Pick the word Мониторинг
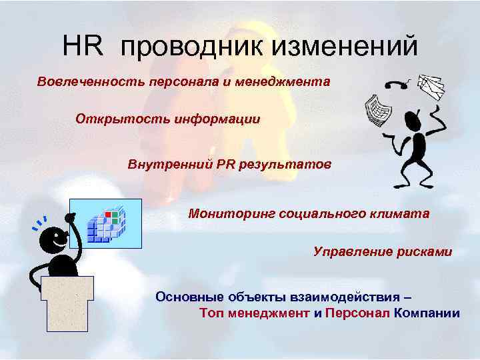click(x=230, y=214)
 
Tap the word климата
click(x=399, y=214)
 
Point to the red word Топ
click(x=212, y=313)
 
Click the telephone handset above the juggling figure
click(x=398, y=85)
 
